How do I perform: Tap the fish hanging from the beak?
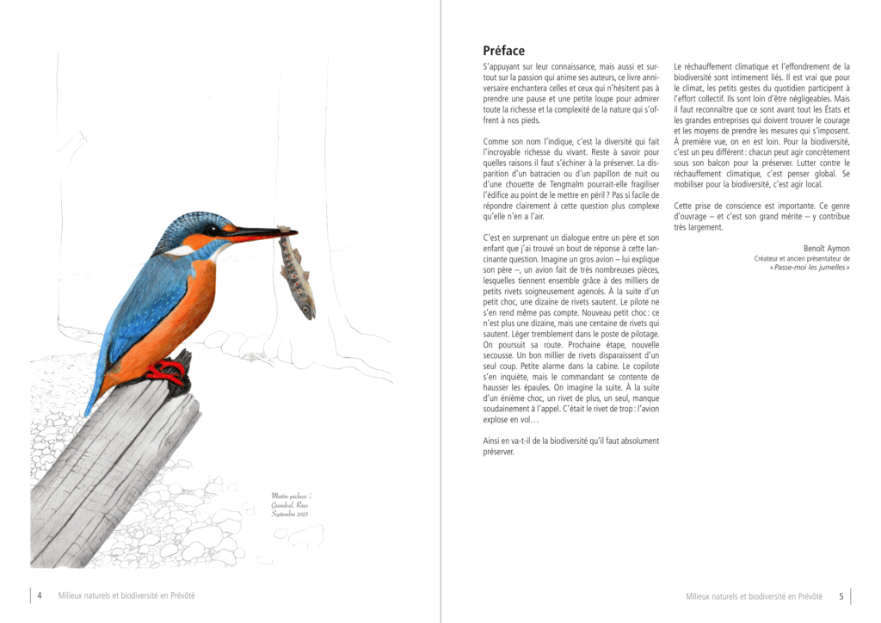(298, 274)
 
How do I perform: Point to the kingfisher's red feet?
(168, 372)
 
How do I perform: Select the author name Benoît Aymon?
(826, 246)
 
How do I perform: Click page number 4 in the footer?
(40, 595)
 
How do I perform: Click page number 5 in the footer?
(841, 595)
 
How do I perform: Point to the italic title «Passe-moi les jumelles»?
(810, 268)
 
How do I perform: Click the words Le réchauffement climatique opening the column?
(723, 66)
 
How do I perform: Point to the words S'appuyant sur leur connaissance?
(542, 66)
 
